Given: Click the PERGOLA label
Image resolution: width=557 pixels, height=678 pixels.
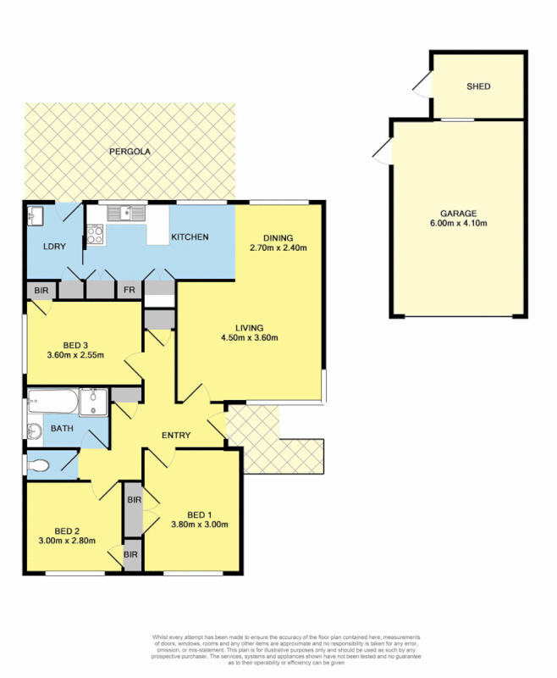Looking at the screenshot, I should [x=130, y=152].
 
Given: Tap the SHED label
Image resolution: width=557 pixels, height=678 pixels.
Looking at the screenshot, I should [x=478, y=86].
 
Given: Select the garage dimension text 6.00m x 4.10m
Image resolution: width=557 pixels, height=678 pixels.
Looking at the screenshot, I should [x=458, y=224].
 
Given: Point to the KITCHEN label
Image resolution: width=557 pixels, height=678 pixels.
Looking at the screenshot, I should [x=190, y=237].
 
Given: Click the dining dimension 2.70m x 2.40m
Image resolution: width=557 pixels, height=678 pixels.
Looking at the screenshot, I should [x=278, y=248].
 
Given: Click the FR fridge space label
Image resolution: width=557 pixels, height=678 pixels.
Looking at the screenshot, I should [x=129, y=290].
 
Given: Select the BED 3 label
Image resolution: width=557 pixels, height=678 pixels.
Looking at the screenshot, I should [x=75, y=345].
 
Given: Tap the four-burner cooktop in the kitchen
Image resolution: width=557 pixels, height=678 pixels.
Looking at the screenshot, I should [x=93, y=233].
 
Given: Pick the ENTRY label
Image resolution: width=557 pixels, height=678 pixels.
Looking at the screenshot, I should [x=176, y=436].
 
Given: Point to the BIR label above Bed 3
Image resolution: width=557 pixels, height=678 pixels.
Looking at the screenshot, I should [x=41, y=290].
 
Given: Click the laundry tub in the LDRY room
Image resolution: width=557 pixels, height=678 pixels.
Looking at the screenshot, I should [x=36, y=215].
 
